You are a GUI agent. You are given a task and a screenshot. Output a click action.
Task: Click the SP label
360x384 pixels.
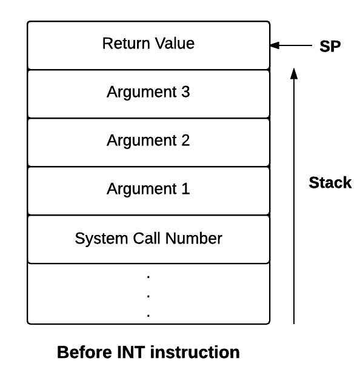click(x=330, y=46)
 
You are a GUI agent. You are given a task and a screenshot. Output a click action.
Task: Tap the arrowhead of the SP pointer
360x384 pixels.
click(x=275, y=45)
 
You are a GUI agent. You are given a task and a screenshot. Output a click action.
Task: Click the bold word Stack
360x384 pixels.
click(x=330, y=182)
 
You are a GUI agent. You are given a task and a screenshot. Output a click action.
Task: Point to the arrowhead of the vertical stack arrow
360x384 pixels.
click(x=294, y=73)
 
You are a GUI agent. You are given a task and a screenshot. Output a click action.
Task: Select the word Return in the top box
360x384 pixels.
click(x=126, y=44)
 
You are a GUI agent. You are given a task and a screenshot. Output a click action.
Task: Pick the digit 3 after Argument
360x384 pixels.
click(x=185, y=92)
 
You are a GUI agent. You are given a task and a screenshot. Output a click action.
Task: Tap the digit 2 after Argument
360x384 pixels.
click(x=185, y=141)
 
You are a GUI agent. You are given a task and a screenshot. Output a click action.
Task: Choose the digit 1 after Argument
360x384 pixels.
click(x=185, y=189)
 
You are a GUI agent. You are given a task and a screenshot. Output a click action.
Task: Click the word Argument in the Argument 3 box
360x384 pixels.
click(x=142, y=93)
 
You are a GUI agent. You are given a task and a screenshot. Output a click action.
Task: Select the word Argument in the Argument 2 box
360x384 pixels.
click(x=142, y=141)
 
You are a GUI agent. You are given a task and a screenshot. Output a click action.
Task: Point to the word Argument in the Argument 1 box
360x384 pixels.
click(x=142, y=190)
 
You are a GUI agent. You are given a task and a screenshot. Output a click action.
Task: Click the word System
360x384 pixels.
click(x=101, y=239)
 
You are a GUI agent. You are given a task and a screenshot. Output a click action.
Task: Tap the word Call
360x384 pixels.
click(x=147, y=238)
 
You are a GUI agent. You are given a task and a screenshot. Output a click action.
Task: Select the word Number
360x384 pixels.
click(x=194, y=238)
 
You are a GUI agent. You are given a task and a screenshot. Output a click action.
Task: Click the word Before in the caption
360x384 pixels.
click(x=84, y=352)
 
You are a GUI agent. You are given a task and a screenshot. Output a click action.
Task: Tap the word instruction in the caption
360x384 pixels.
click(x=195, y=352)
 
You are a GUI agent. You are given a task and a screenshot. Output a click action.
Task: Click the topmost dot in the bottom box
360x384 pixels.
click(x=148, y=277)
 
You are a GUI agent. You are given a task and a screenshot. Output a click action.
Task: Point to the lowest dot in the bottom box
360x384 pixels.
click(x=148, y=315)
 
